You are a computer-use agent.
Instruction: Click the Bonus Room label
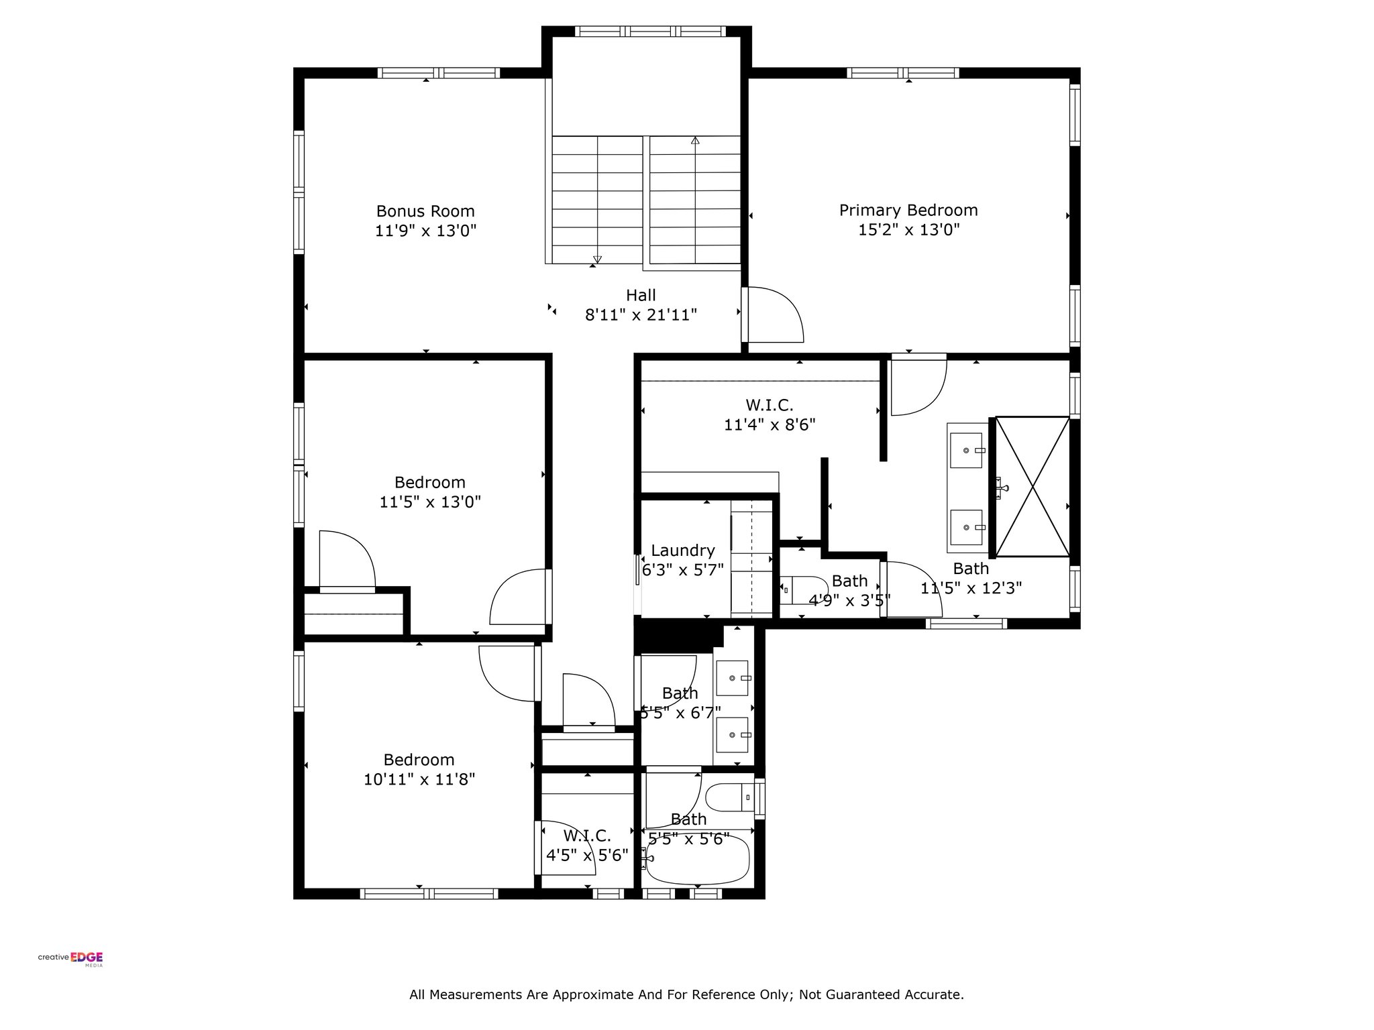(425, 211)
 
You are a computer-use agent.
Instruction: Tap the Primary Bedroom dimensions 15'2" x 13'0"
(909, 230)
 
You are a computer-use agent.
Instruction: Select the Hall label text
(641, 295)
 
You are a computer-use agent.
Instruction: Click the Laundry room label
(682, 551)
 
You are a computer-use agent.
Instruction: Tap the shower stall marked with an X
(1032, 486)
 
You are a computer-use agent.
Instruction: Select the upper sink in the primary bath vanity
(967, 450)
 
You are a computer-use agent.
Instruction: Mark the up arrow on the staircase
(695, 140)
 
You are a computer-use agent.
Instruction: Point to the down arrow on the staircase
(597, 260)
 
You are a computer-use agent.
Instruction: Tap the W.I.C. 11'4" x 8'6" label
(770, 415)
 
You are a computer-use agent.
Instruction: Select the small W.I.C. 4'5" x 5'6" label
(587, 846)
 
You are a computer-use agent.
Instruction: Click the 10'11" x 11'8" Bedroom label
(419, 769)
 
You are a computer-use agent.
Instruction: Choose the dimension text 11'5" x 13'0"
(430, 502)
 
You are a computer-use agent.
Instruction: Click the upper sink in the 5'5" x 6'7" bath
(733, 679)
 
